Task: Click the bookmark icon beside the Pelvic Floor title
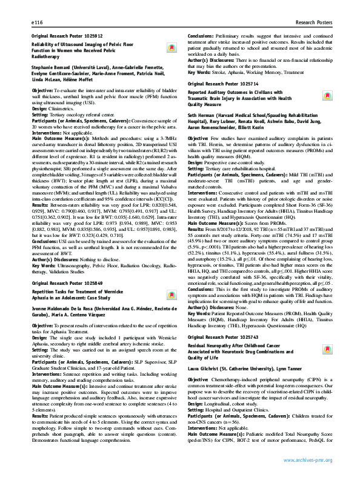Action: pyautogui.click(x=172, y=48)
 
